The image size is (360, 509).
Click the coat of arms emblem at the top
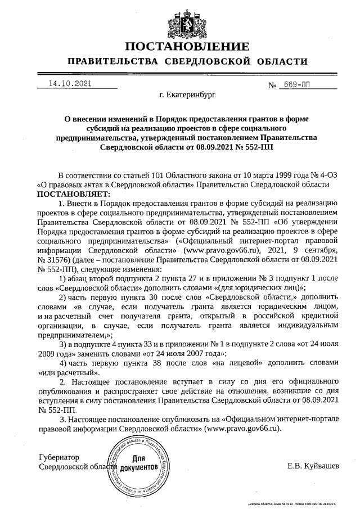coord(180,19)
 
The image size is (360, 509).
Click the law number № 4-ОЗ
coord(322,175)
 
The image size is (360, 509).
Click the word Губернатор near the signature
coord(59,457)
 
